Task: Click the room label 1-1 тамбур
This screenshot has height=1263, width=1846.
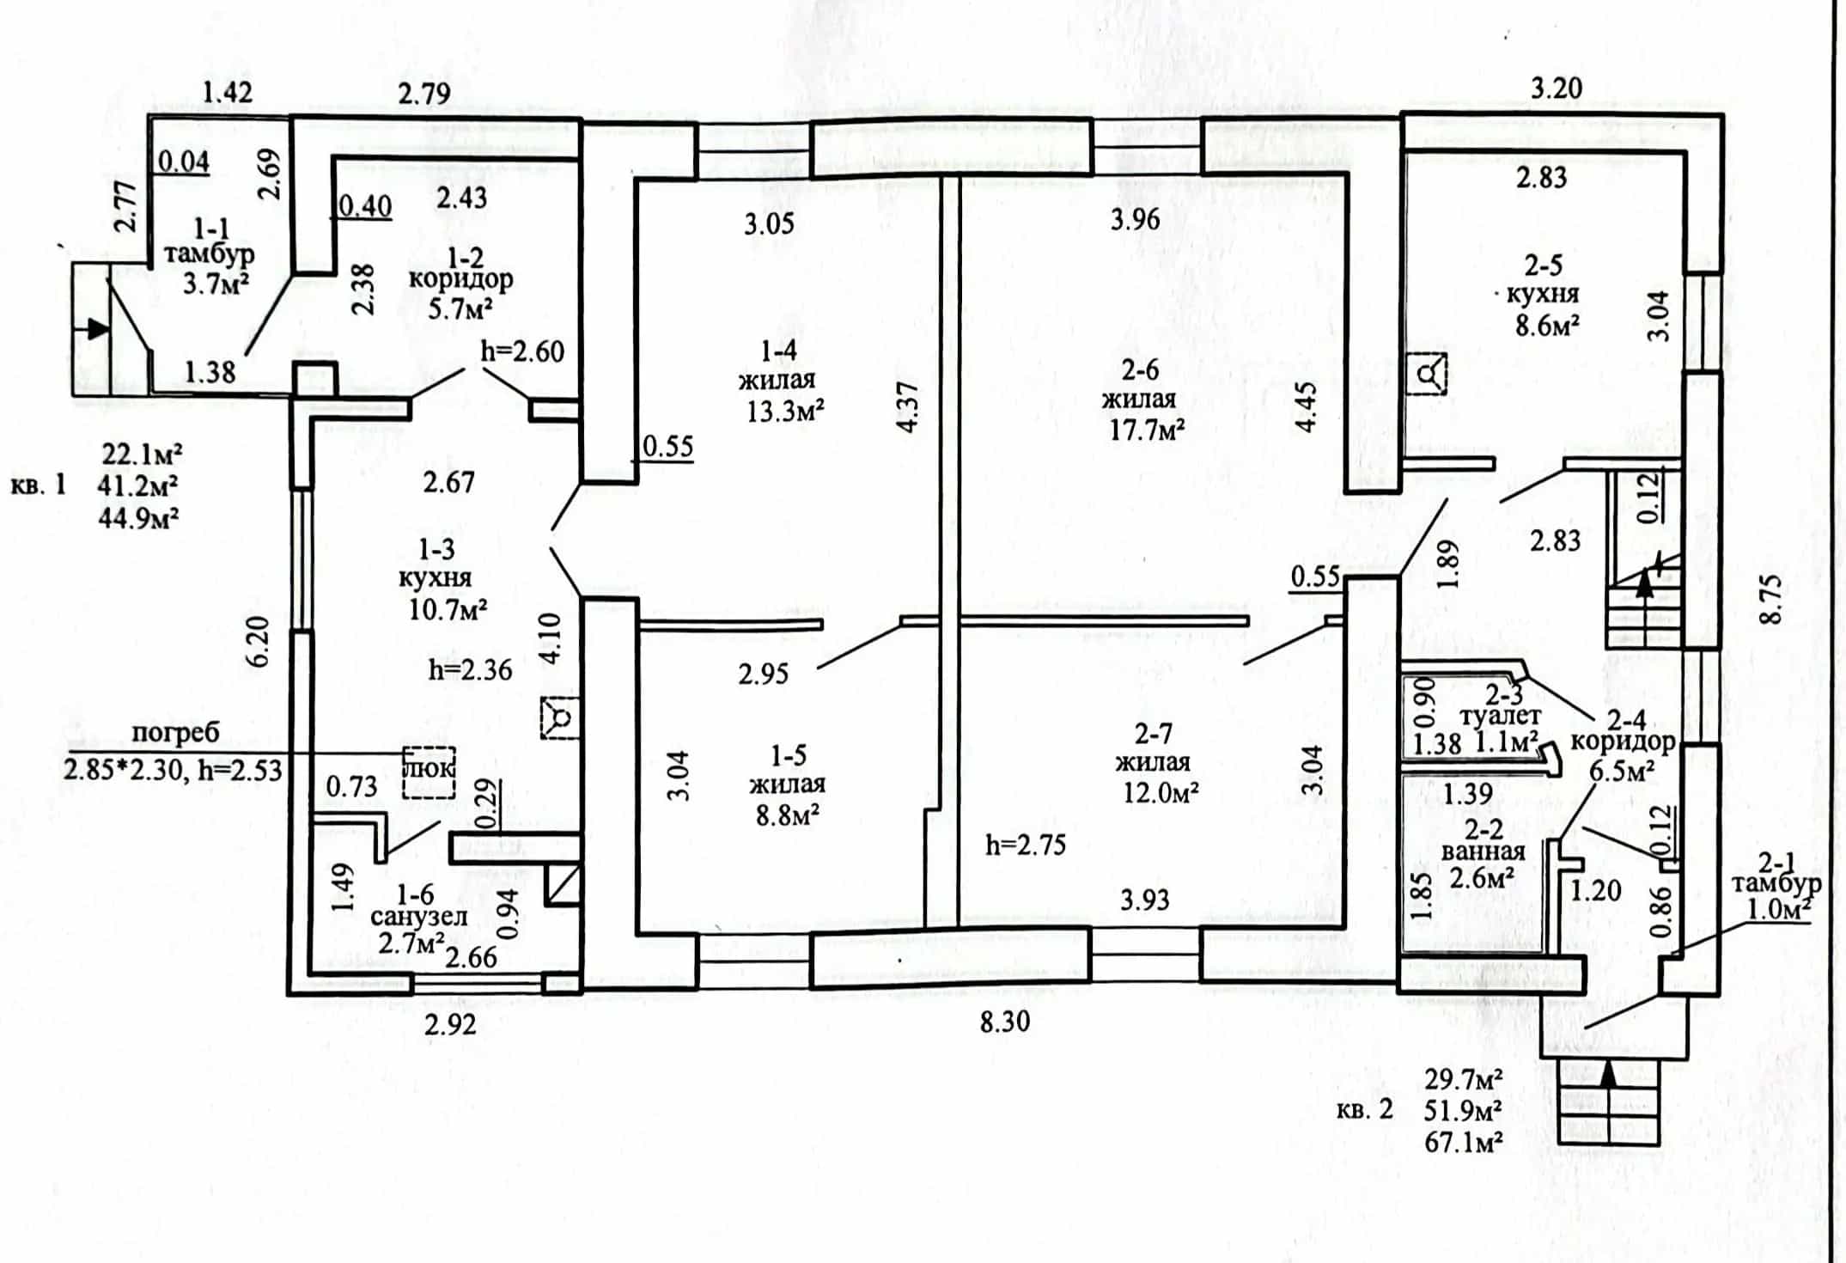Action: (209, 241)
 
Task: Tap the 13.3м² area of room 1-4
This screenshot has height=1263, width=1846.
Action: (785, 412)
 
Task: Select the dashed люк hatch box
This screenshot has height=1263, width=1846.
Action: (430, 772)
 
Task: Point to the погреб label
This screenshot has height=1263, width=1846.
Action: (175, 733)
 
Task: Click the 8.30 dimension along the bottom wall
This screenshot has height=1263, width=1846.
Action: (1005, 1022)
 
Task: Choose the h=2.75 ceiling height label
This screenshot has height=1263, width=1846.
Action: (1026, 845)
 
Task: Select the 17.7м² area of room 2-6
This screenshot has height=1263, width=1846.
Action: (1148, 429)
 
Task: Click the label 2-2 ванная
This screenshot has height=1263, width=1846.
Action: (1484, 840)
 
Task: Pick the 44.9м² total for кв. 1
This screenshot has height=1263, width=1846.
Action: (139, 517)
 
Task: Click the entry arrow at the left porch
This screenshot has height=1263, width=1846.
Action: (98, 328)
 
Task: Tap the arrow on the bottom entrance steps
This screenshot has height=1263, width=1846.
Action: (1608, 1074)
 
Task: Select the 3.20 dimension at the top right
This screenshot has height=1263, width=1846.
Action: (1557, 88)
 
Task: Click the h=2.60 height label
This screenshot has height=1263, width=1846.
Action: (523, 351)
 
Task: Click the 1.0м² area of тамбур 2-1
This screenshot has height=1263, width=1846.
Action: (1781, 908)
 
